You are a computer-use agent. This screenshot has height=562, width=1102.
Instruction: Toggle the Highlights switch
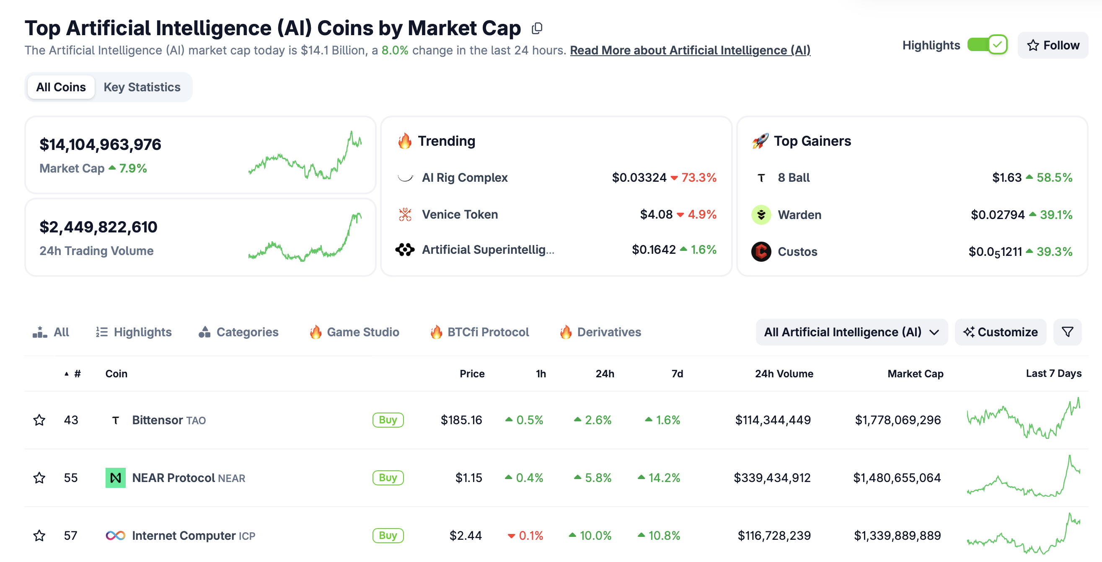pos(987,45)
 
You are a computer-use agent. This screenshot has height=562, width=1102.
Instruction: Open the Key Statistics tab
pos(142,87)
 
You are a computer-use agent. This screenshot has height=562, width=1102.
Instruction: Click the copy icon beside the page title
pos(537,28)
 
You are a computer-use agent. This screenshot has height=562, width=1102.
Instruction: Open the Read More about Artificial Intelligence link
pos(690,51)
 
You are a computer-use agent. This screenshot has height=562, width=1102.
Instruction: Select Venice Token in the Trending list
pos(460,214)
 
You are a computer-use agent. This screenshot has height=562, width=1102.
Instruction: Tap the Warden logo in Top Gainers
pos(761,215)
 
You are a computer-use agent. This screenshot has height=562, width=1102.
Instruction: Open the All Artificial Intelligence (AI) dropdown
pos(851,332)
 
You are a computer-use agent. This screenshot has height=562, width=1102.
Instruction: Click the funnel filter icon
pos(1067,332)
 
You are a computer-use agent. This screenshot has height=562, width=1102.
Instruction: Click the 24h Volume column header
pos(784,374)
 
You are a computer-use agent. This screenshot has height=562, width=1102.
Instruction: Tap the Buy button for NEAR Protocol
pos(388,477)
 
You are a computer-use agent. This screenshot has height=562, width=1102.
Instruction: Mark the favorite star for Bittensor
pos(39,420)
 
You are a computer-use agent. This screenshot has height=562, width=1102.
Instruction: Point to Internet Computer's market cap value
pos(897,535)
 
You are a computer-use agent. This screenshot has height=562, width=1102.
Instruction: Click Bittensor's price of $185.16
pos(461,420)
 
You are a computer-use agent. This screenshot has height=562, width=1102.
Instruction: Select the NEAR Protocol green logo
pos(116,478)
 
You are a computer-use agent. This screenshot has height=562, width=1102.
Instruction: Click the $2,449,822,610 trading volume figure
pos(98,227)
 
